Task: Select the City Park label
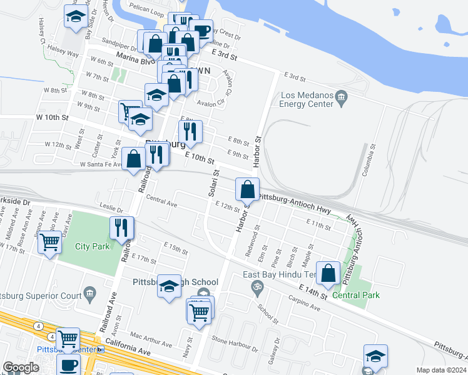click(x=93, y=246)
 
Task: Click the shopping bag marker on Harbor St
click(x=248, y=189)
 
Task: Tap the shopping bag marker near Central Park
click(x=328, y=273)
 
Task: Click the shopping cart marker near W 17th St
click(x=50, y=241)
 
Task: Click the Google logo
click(x=21, y=367)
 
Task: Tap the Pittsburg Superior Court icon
click(x=90, y=292)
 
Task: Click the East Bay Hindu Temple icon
click(x=255, y=287)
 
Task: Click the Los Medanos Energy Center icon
click(x=341, y=96)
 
